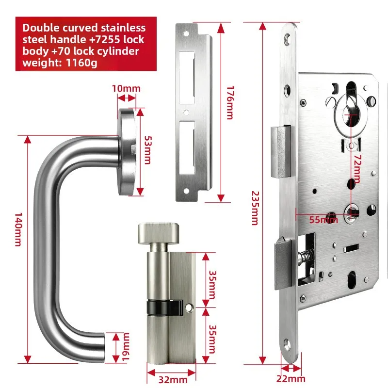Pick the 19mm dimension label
[x=126, y=346]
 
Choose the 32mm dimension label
[x=171, y=381]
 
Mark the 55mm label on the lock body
[x=323, y=220]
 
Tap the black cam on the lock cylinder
[x=158, y=307]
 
